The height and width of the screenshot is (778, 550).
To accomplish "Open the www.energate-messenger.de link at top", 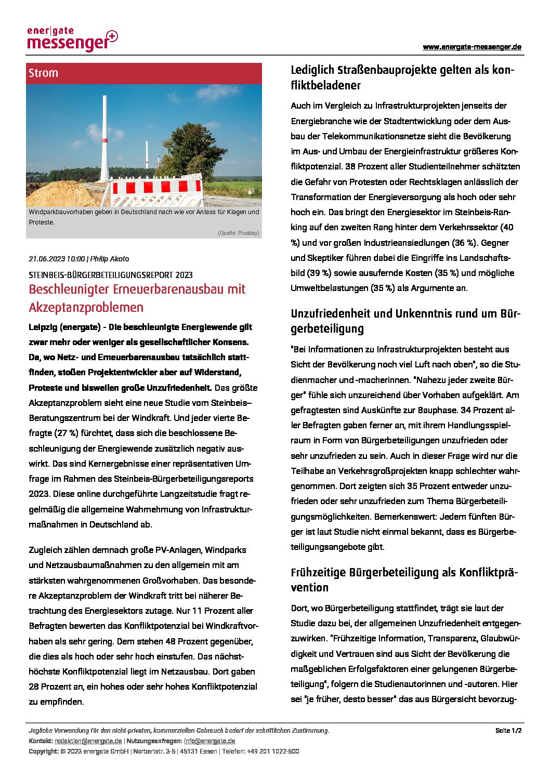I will pos(472,47).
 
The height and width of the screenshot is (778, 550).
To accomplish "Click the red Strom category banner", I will pos(144,73).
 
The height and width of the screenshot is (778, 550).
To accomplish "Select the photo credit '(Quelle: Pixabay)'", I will pos(238,233).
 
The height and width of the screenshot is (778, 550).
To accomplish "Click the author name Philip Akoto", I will pos(110,259).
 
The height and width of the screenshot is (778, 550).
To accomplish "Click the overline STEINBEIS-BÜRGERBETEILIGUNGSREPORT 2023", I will pos(111,275).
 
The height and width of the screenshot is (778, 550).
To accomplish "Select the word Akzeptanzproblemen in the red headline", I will pos(86,307).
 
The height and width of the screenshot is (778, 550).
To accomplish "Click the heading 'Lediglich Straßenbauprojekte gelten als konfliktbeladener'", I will pos(402,77).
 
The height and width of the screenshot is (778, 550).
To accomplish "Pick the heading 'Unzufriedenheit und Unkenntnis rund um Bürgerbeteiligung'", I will pos(405,321).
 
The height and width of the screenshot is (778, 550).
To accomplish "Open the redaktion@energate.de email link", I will pos(88,741).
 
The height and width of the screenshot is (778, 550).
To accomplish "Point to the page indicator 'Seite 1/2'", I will pos(508,730).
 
